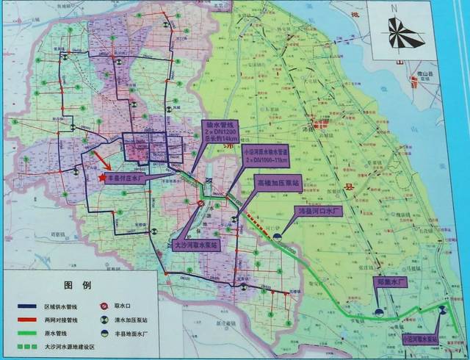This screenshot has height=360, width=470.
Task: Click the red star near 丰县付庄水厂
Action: click(101, 177)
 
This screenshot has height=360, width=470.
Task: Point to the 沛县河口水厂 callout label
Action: click(320, 210)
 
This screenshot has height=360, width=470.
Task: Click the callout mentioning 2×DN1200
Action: click(219, 132)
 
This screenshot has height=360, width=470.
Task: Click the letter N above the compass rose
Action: click(394, 8)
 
